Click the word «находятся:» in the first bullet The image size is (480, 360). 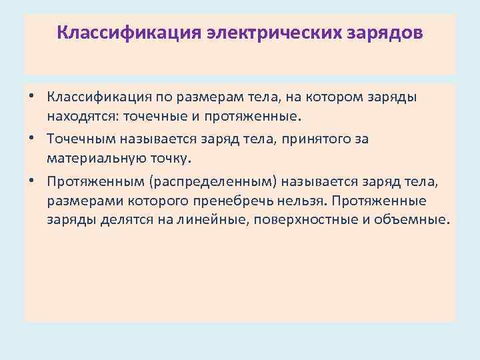click(x=78, y=117)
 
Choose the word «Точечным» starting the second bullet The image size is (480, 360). click(x=83, y=139)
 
